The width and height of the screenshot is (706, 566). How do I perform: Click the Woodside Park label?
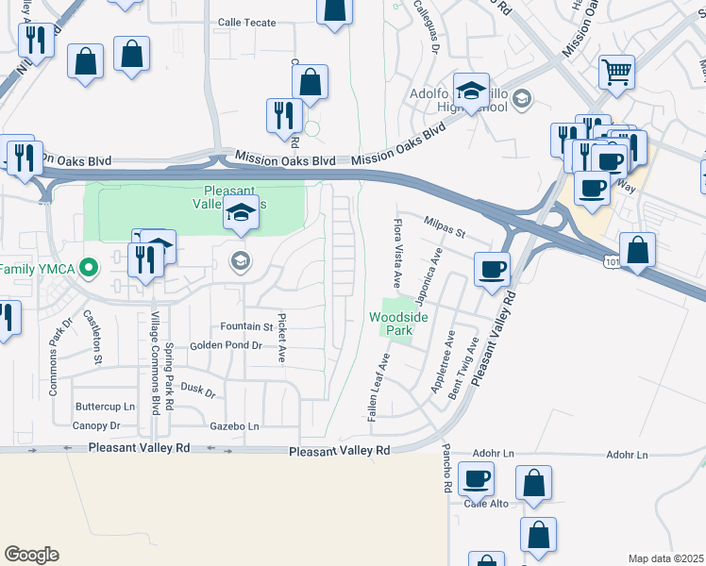pyautogui.click(x=397, y=325)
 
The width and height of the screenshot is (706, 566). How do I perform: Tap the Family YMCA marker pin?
pyautogui.click(x=89, y=269)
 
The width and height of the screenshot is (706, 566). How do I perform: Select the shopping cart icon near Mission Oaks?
pyautogui.click(x=615, y=71)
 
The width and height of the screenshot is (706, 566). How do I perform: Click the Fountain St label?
pyautogui.click(x=246, y=326)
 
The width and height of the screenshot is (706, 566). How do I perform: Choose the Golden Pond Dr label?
pyautogui.click(x=226, y=346)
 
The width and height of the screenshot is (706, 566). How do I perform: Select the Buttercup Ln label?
pyautogui.click(x=105, y=407)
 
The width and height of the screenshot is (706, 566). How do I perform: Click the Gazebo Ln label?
pyautogui.click(x=234, y=426)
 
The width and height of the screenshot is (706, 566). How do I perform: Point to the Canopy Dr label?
pyautogui.click(x=96, y=425)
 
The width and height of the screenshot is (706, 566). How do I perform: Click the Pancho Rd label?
pyautogui.click(x=447, y=472)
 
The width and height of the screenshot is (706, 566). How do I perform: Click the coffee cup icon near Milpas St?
pyautogui.click(x=491, y=269)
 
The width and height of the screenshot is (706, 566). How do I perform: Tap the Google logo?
pyautogui.click(x=31, y=555)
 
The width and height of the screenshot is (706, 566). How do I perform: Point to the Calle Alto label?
pyautogui.click(x=486, y=504)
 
